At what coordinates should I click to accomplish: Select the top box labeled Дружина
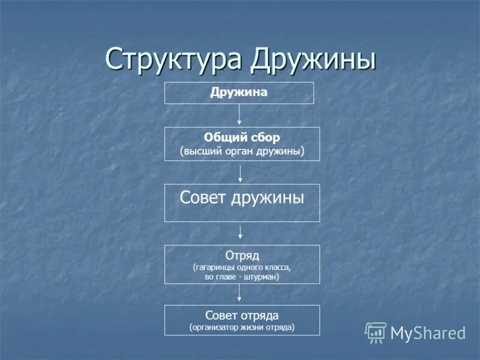[239, 93]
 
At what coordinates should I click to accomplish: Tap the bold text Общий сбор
[242, 137]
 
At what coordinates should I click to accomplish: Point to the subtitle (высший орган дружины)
[242, 151]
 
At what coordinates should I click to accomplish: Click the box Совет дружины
[242, 203]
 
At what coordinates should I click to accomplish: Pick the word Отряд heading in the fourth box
[242, 256]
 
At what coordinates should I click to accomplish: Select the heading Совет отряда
[242, 316]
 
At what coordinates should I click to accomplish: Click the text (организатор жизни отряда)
[242, 328]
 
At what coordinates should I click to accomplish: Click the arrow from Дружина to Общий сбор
[239, 115]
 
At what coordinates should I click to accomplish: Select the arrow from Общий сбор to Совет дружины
[241, 172]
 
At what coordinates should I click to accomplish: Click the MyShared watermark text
[428, 333]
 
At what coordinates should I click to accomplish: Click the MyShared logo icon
[376, 332]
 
